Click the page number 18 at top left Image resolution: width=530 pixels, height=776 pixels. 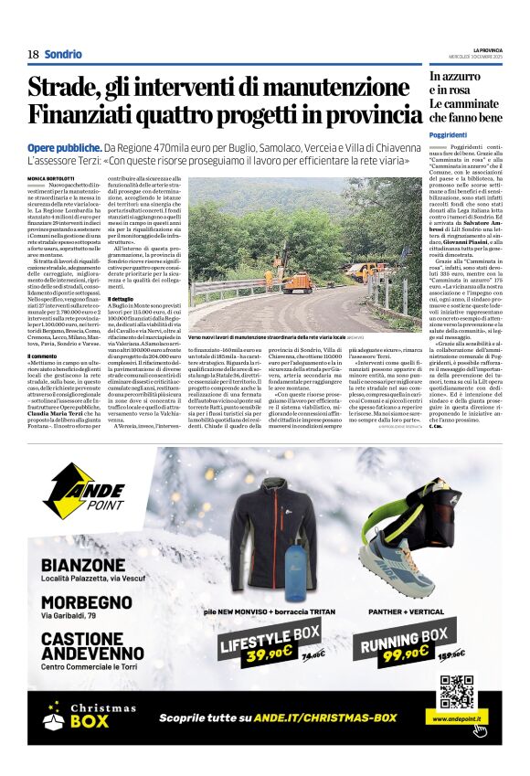[33, 55]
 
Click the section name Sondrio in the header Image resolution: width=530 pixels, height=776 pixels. [63, 55]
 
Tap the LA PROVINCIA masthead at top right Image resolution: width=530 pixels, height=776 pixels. [487, 49]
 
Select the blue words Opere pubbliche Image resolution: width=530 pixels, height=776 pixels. [64, 147]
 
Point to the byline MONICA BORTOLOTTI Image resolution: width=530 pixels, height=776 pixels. [52, 177]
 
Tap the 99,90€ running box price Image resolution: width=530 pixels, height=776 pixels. [405, 654]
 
